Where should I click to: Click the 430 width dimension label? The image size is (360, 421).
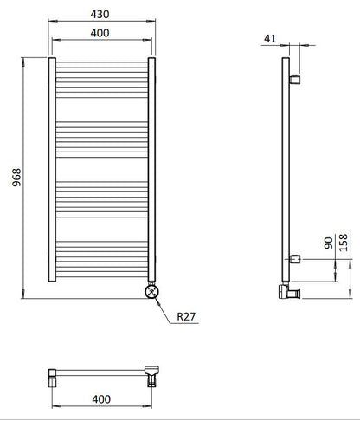click(x=102, y=14)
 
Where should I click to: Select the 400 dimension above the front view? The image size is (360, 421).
click(x=102, y=32)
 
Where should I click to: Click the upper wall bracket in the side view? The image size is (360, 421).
click(x=296, y=80)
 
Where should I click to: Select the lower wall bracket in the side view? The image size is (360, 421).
click(x=296, y=257)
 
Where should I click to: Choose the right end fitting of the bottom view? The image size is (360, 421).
click(x=153, y=374)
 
